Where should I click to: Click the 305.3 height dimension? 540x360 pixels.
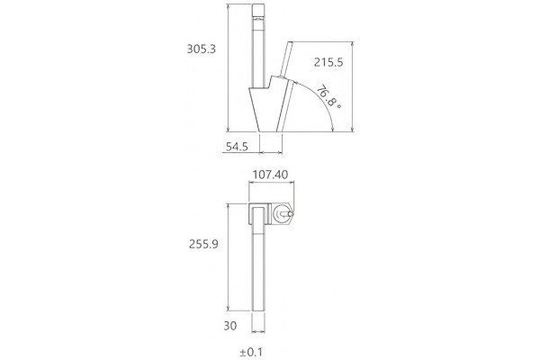(x=201, y=49)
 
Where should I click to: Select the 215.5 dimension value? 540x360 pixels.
(x=328, y=62)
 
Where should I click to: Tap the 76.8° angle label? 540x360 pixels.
(x=328, y=96)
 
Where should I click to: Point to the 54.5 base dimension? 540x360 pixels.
(x=237, y=147)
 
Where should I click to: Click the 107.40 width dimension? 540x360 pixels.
(x=270, y=175)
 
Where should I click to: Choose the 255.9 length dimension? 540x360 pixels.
(x=203, y=244)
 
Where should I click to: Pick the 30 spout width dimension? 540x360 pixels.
(x=230, y=326)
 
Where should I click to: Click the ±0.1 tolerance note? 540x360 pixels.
(x=251, y=352)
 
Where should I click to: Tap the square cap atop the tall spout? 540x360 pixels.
(x=258, y=10)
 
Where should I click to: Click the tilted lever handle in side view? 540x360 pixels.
(x=286, y=59)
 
